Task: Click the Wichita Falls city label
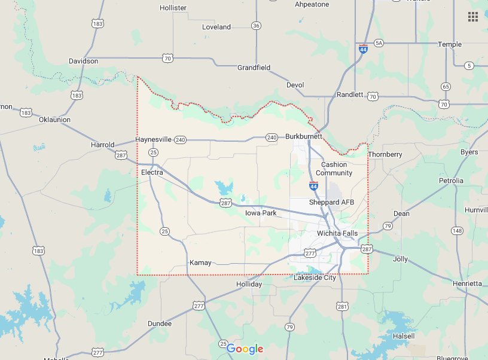pos(337,233)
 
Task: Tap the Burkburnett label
pos(304,136)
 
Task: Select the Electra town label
pos(152,172)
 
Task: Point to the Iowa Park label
pos(261,213)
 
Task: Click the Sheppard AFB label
pos(331,202)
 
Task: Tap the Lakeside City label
pos(315,277)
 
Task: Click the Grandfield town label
pos(254,68)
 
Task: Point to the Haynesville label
pos(153,139)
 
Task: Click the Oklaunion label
pos(54,120)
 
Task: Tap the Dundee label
pos(160,324)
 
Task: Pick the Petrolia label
pos(451,180)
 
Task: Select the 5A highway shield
pos(378,44)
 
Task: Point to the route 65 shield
pos(446,87)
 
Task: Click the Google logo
pos(245,349)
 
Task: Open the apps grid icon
pos(473,16)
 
